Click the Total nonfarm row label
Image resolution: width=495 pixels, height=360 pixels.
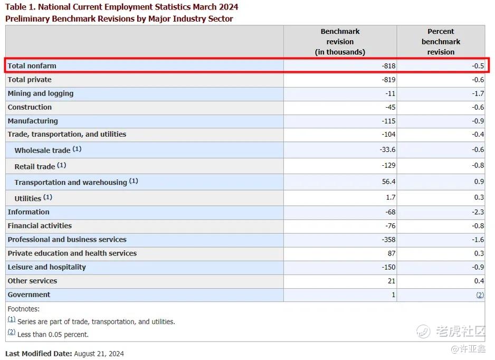pos(32,65)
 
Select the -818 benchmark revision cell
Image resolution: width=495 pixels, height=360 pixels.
pos(388,65)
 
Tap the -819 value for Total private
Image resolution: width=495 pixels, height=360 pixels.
pos(388,80)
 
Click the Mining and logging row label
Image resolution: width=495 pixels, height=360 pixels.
pos(41,93)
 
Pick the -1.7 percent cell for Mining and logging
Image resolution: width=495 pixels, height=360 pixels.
pos(478,93)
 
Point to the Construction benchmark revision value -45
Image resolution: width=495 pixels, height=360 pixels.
pos(390,107)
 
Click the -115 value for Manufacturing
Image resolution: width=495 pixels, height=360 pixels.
pos(388,121)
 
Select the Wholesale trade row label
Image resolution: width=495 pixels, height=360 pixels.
pos(42,150)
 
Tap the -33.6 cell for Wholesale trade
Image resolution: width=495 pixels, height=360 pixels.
pos(388,149)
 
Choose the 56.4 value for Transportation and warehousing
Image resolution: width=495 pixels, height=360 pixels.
pos(388,182)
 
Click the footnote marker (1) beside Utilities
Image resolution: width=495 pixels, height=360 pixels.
pos(47,197)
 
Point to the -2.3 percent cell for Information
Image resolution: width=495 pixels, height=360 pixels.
pos(478,212)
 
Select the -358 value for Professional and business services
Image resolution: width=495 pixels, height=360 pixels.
pos(388,240)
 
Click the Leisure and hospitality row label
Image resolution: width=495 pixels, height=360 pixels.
pos(47,267)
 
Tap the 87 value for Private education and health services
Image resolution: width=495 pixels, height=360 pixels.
pos(392,253)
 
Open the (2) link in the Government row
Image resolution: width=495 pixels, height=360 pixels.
pos(480,295)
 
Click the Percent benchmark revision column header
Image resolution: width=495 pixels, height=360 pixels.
pos(441,42)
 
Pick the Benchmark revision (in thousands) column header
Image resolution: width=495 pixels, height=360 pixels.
pos(340,42)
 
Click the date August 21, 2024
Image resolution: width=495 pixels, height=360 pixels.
pos(99,354)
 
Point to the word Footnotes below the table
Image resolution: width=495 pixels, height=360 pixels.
pos(24,309)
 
